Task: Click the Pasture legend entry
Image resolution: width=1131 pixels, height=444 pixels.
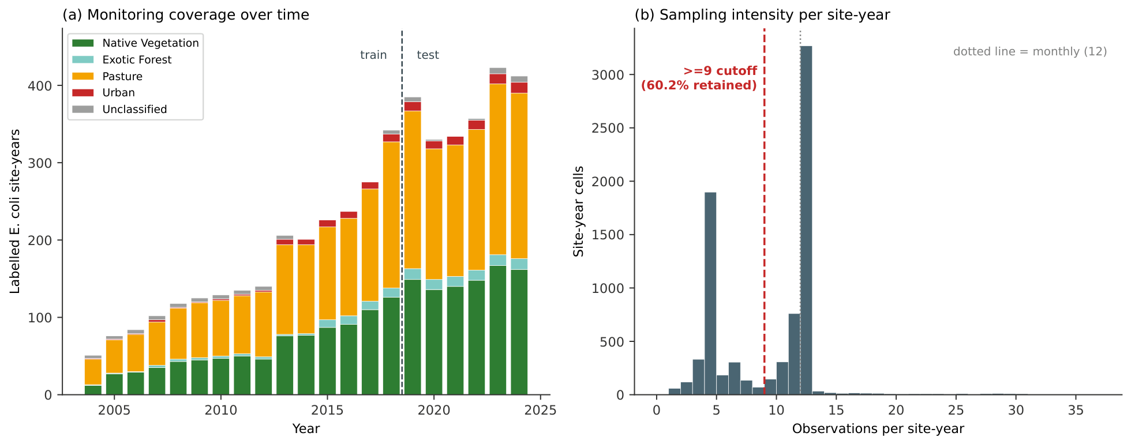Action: click(107, 76)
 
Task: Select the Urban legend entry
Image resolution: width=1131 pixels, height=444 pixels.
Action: click(104, 93)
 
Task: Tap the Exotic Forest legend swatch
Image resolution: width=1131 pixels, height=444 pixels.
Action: click(83, 59)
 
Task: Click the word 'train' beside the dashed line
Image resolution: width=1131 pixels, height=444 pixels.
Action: click(373, 55)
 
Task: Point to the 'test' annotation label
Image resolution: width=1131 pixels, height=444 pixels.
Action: click(428, 55)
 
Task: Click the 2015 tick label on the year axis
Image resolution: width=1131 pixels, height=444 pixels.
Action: click(327, 410)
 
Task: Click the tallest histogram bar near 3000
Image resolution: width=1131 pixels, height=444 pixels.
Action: click(806, 220)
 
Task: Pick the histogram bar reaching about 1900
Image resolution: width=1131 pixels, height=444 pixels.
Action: click(710, 294)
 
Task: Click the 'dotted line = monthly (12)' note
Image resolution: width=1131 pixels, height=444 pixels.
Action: click(1030, 51)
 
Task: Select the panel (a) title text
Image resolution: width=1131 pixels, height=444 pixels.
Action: click(186, 15)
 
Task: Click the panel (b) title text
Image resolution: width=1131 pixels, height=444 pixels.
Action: click(762, 15)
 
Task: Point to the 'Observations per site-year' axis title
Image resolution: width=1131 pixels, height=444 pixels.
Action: click(878, 428)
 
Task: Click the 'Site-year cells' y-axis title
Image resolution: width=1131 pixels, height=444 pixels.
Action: click(579, 212)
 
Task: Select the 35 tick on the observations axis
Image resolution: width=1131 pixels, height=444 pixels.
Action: click(1076, 410)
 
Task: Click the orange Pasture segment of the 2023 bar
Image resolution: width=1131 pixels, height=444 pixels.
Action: click(498, 170)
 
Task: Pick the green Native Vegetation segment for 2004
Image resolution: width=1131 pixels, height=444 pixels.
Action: click(93, 390)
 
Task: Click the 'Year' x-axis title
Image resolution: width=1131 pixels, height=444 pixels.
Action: click(306, 428)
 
